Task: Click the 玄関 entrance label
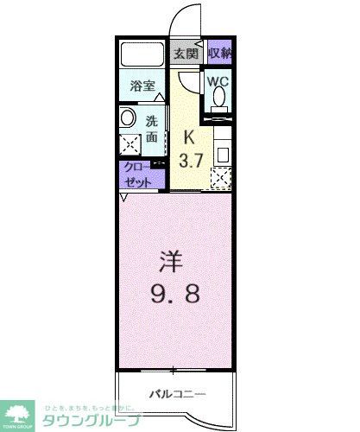186,53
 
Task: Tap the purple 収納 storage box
219,53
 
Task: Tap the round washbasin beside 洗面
127,118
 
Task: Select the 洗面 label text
151,129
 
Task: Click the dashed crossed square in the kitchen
222,178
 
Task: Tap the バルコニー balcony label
177,394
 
